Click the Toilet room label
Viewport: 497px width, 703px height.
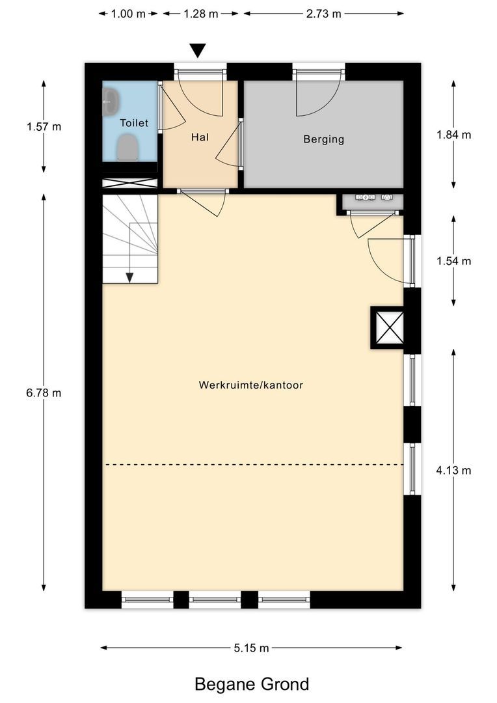(x=133, y=122)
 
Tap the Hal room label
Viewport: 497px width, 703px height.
(x=200, y=137)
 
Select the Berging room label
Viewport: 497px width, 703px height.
(x=323, y=139)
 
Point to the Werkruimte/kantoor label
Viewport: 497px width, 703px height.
(x=251, y=385)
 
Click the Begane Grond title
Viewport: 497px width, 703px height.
(x=252, y=684)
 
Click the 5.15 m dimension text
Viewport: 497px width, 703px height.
(x=251, y=648)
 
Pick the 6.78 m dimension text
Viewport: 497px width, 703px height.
(x=44, y=393)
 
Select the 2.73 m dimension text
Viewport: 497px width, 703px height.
(x=323, y=14)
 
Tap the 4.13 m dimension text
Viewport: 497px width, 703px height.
(x=453, y=470)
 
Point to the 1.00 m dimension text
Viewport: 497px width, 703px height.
(x=128, y=14)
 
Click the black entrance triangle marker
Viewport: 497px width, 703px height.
(x=197, y=50)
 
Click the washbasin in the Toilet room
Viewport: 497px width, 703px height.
(x=111, y=102)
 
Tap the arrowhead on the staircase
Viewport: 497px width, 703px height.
(x=129, y=278)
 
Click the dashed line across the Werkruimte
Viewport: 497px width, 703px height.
(x=254, y=465)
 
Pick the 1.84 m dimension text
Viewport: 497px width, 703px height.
(x=453, y=135)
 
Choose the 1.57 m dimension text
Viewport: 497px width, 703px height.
(x=44, y=126)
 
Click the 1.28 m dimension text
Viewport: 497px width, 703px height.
(x=201, y=14)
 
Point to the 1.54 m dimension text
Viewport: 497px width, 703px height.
(x=453, y=261)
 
